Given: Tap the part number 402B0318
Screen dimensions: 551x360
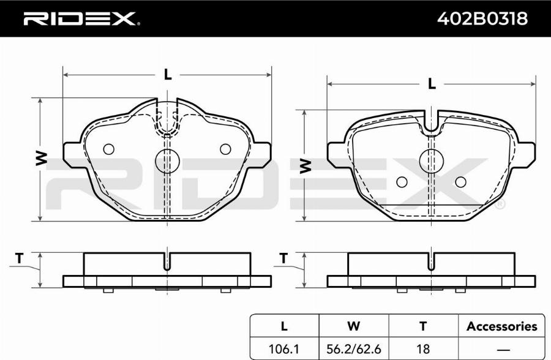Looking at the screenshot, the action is (482, 18).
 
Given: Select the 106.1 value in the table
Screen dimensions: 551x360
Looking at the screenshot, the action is (283, 349).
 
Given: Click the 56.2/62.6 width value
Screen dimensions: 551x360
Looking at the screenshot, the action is (353, 349).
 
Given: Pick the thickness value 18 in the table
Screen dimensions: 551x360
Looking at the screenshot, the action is (422, 349).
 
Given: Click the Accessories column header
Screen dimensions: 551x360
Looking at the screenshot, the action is (502, 326).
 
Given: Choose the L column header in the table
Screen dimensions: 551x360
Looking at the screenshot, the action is (284, 326).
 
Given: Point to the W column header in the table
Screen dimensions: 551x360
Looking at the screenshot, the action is (353, 326).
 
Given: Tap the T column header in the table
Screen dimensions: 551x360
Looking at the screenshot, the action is (423, 326).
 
